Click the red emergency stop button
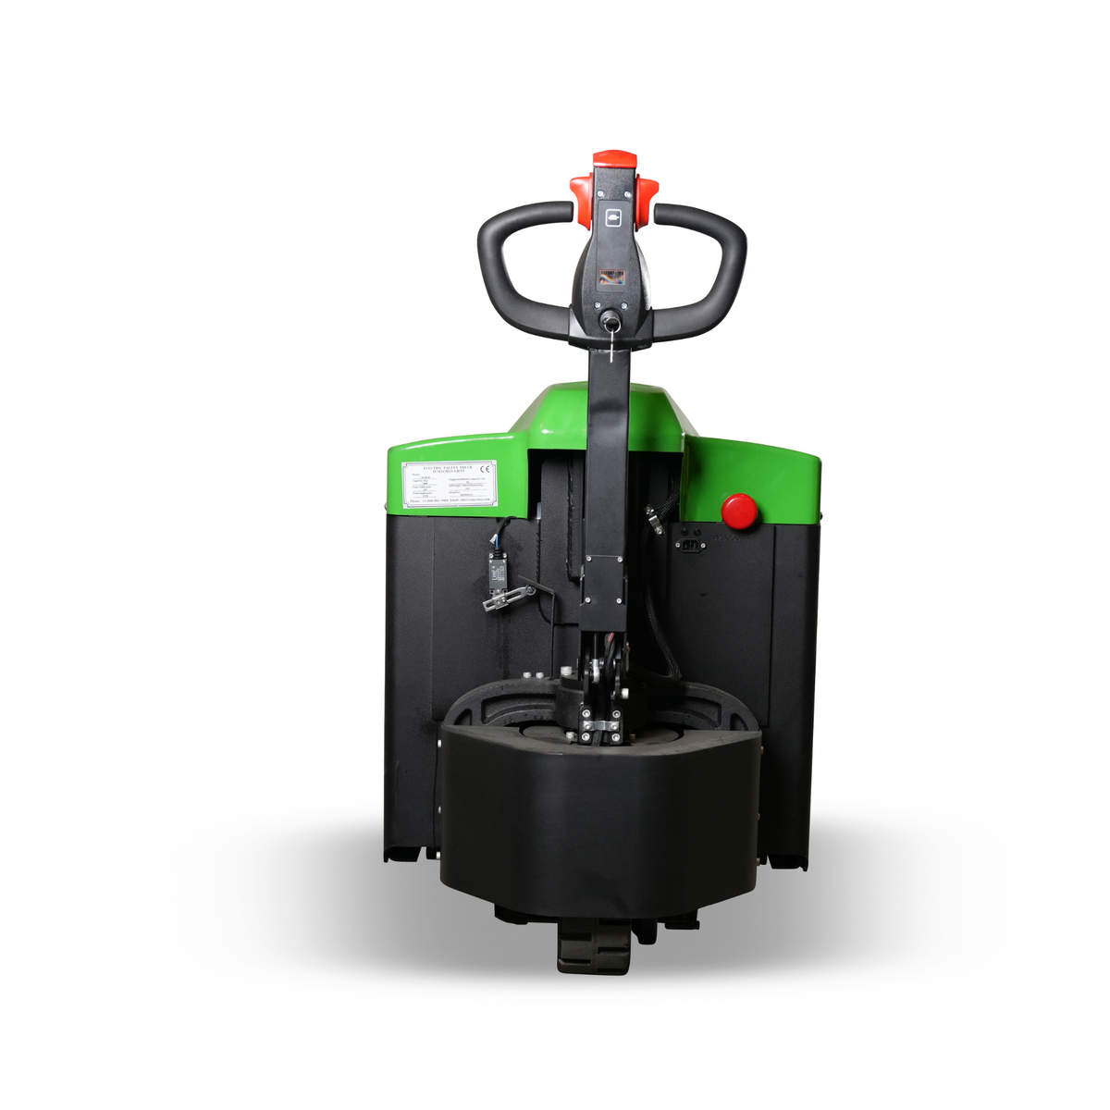click(739, 511)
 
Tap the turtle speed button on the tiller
click(612, 217)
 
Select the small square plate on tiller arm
click(605, 582)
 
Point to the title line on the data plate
click(448, 469)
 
